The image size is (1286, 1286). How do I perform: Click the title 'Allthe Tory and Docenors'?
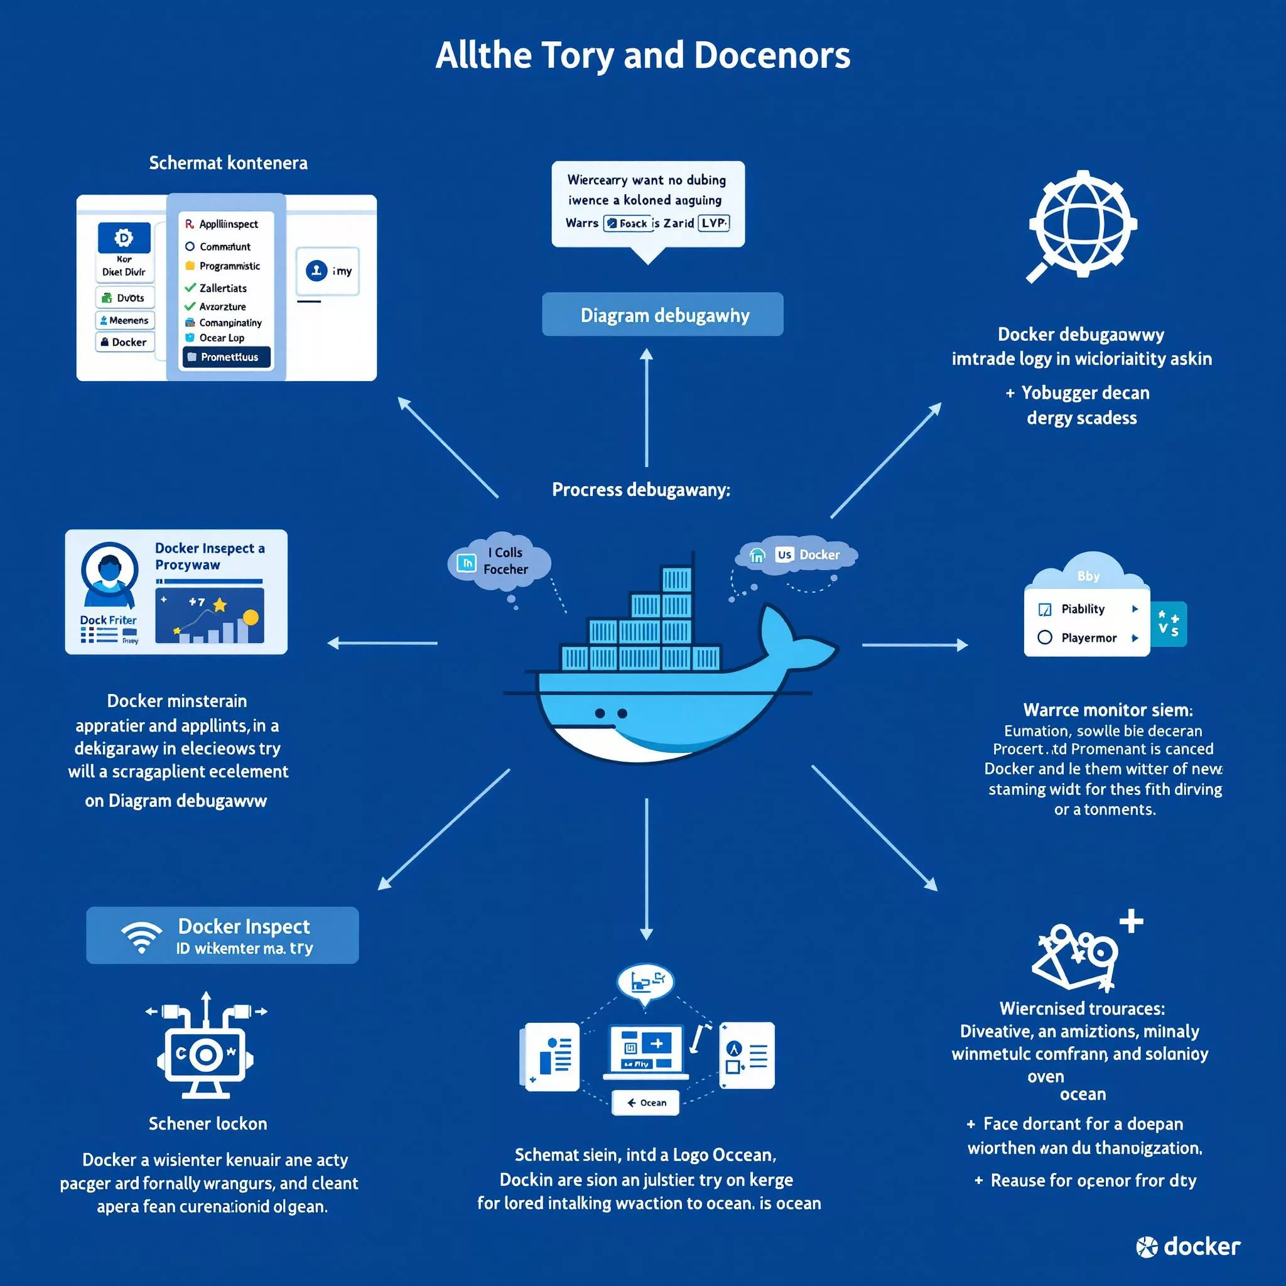pos(642,55)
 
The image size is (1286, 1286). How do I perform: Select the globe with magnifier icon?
pos(1082,224)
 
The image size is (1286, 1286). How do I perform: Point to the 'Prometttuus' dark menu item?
pos(227,357)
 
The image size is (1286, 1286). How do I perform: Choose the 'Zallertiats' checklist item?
pos(222,288)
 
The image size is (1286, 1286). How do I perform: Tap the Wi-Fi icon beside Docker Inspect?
pos(142,935)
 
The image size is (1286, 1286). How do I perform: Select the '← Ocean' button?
pos(646,1103)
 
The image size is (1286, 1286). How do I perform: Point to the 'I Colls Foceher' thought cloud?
pos(500,561)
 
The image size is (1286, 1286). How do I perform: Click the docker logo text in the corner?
pos(1188,1246)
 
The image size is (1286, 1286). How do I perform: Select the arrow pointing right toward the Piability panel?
pos(914,645)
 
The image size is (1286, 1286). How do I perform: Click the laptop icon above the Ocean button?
pos(646,1052)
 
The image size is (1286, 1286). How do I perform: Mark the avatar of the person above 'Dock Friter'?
pos(109,573)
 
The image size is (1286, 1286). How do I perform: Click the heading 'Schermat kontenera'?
pos(229,163)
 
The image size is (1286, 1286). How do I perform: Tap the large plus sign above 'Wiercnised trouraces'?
pos(1131,922)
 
